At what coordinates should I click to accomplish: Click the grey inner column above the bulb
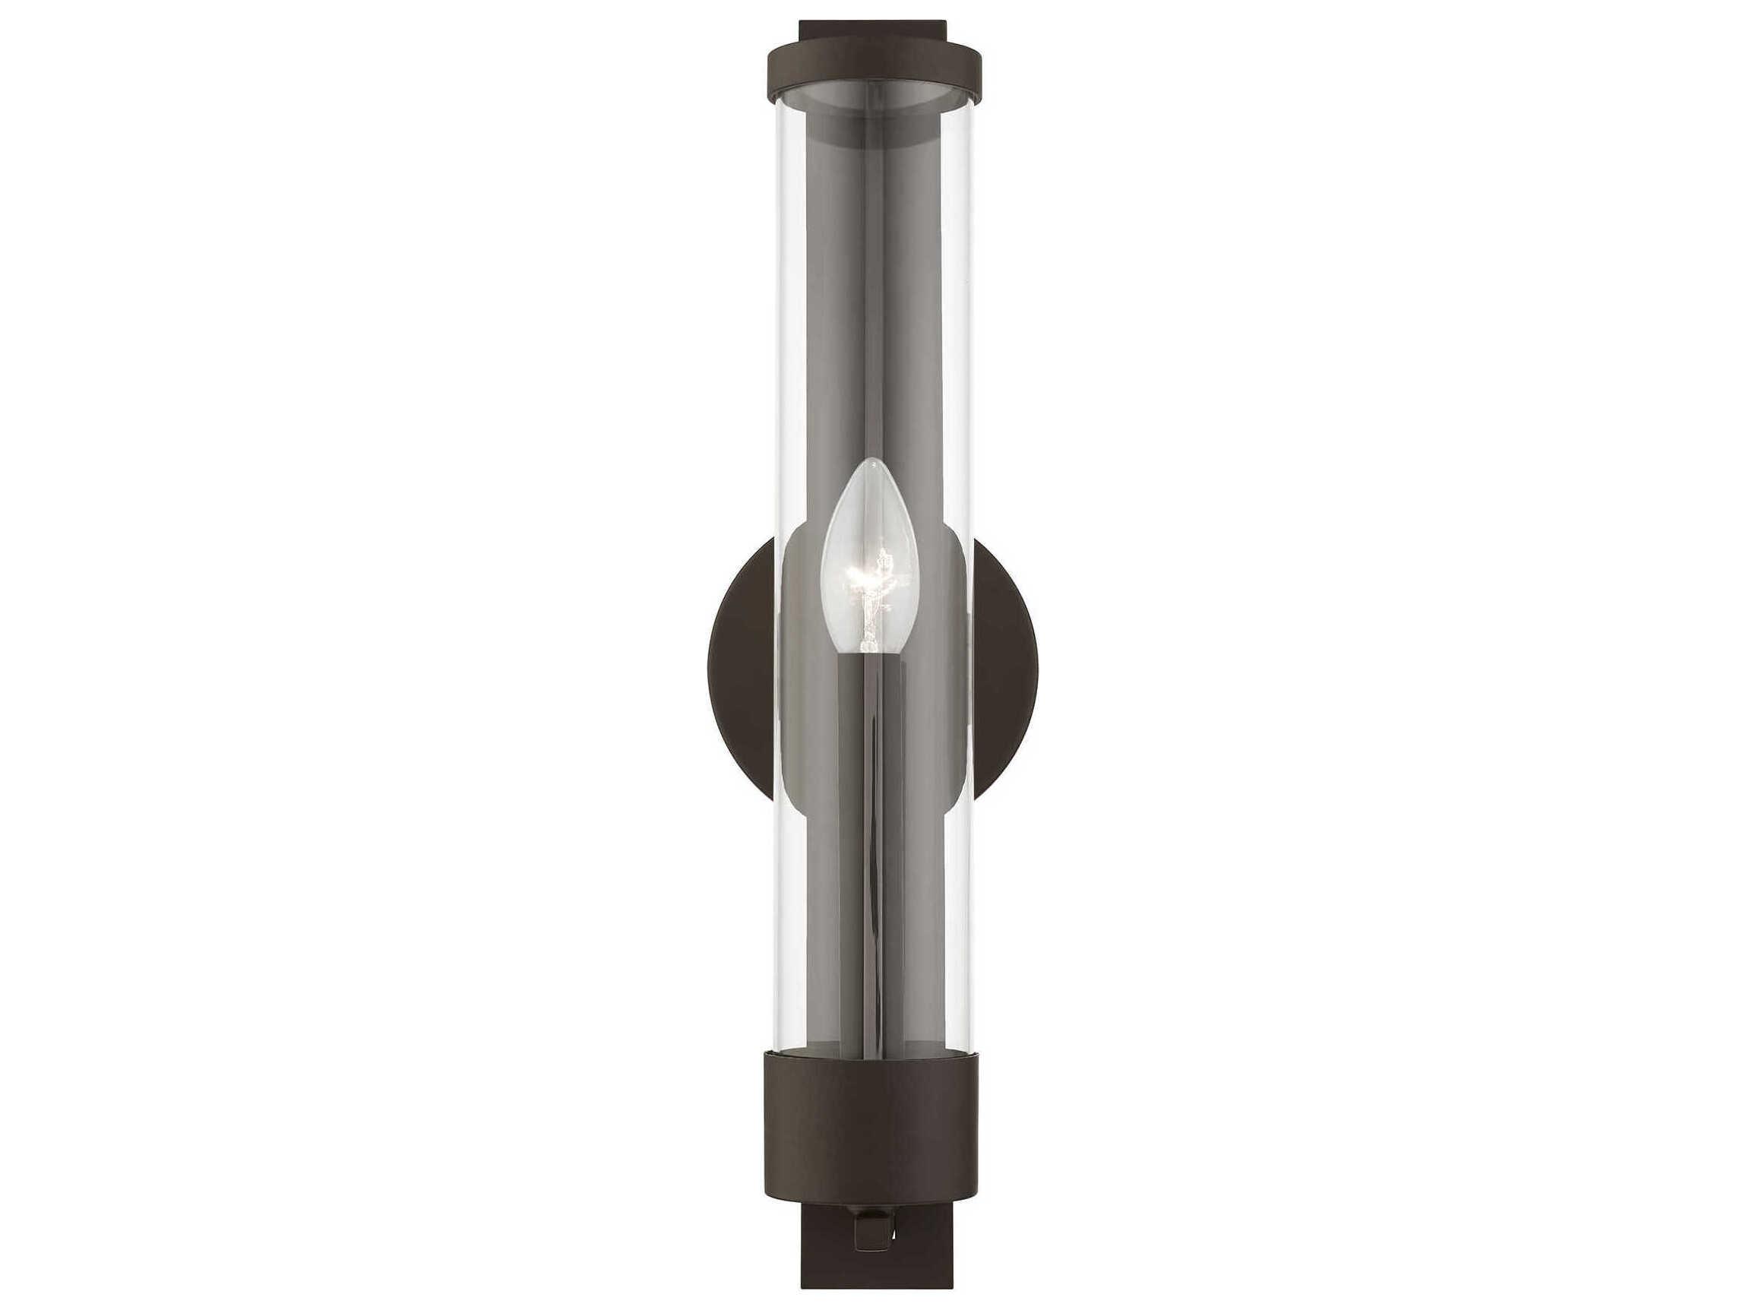click(872, 316)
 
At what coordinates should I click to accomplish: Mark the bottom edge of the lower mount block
click(873, 1305)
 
